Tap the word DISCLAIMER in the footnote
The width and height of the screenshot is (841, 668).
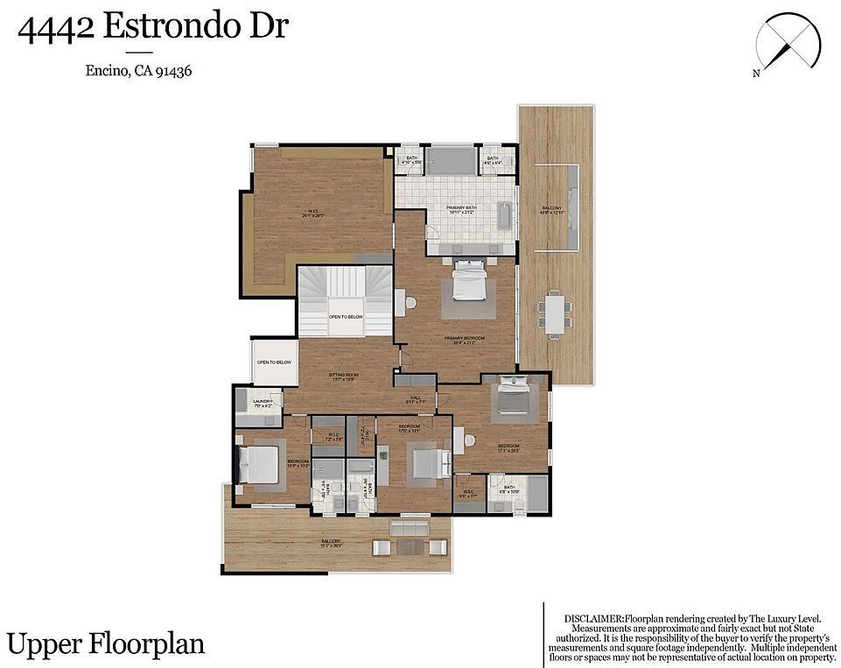click(x=595, y=618)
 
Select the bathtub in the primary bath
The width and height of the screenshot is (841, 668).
click(x=504, y=216)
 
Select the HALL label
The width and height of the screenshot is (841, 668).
click(x=417, y=397)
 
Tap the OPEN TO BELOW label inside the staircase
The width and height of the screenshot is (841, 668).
click(x=346, y=316)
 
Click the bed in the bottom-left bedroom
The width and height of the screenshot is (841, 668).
click(x=259, y=463)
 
